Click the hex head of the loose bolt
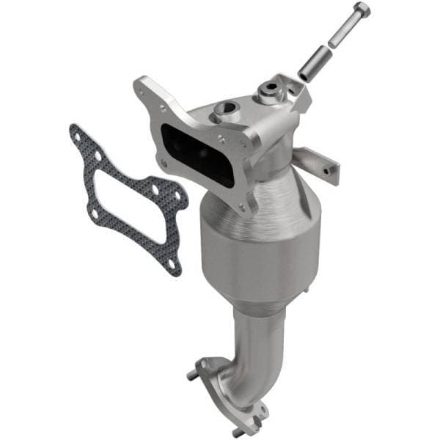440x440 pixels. coord(362,11)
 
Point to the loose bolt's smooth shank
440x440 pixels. coord(345,33)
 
